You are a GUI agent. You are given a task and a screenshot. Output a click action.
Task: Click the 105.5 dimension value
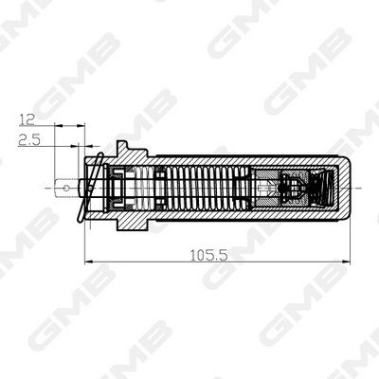[208, 255]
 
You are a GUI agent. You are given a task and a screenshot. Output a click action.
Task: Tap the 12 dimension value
[27, 119]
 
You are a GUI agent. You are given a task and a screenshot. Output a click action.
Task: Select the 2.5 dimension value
[29, 140]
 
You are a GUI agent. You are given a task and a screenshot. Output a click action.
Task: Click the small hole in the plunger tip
[66, 189]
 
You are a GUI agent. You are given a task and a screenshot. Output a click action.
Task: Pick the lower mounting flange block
[132, 225]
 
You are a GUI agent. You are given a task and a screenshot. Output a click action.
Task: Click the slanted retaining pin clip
[90, 188]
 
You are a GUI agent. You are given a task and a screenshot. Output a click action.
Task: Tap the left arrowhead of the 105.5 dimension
[89, 262]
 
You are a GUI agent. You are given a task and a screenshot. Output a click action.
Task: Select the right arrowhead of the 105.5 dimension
[346, 262]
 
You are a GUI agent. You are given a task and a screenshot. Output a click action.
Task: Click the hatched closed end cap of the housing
[344, 189]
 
